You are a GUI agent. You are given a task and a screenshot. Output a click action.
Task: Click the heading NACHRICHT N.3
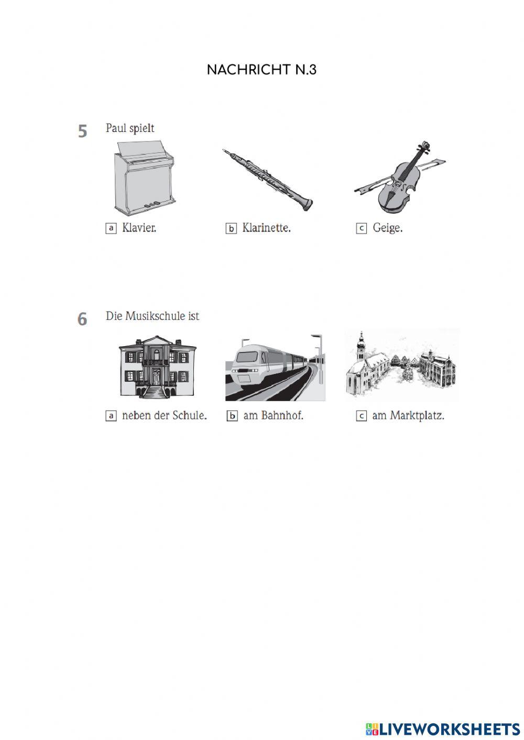261,70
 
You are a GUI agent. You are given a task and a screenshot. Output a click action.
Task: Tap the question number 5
82,131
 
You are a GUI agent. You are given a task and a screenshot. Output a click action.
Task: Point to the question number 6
82,319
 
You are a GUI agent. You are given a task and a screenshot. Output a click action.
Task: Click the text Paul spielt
130,128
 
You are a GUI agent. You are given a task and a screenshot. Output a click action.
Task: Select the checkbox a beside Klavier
111,228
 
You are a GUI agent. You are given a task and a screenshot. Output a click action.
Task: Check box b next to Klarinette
231,228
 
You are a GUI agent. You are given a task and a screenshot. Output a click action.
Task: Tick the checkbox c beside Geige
362,228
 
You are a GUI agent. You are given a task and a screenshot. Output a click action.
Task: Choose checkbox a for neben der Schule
111,416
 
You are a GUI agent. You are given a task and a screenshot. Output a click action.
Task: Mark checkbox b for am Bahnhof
232,416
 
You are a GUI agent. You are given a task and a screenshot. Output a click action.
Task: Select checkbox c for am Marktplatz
362,416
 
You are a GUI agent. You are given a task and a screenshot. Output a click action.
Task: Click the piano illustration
145,179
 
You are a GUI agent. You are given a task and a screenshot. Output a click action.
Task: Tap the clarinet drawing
267,180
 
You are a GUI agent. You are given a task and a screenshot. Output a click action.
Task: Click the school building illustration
157,367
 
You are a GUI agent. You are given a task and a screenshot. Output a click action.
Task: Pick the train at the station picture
275,367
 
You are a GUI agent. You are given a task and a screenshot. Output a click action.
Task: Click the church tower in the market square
362,346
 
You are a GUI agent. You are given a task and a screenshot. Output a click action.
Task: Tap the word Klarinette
267,228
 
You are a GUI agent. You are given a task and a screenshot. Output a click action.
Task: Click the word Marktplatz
417,416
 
